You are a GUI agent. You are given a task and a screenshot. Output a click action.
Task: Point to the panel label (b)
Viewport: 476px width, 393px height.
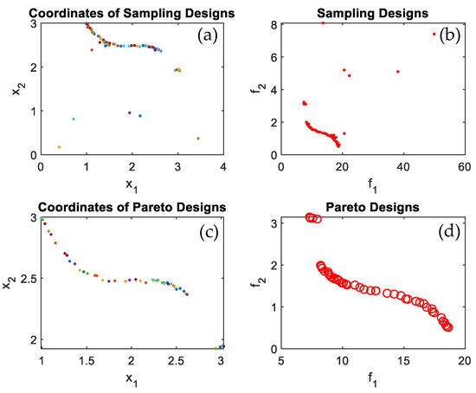coord(447,37)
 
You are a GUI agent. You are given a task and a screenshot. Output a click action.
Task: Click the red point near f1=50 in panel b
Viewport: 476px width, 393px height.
coord(434,34)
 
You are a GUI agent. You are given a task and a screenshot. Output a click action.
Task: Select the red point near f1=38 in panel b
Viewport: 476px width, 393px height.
coord(397,72)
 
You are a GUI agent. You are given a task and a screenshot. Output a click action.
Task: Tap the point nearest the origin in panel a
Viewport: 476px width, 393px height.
coord(59,147)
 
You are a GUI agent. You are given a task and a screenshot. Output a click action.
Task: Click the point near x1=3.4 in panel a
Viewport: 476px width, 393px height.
coord(198,139)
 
